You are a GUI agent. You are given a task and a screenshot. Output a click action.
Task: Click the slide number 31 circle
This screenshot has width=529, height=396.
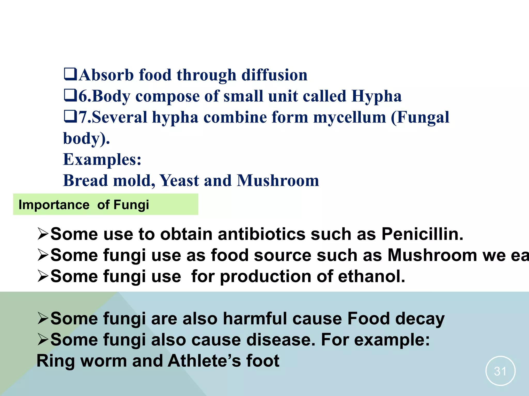point(500,371)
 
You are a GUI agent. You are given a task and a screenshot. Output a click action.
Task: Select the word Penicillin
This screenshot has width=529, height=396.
point(422,234)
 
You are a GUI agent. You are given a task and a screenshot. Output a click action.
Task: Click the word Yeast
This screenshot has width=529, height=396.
point(179,180)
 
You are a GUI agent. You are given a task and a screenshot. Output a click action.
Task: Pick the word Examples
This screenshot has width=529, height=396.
point(102,159)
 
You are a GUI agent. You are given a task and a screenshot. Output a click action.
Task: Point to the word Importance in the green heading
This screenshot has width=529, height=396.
point(54,205)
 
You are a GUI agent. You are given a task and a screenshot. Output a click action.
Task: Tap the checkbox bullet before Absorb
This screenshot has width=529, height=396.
point(70,74)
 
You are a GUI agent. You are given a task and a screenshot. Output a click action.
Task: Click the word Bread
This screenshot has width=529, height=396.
point(85,180)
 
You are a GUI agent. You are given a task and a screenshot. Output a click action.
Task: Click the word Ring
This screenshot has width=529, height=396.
point(56,361)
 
